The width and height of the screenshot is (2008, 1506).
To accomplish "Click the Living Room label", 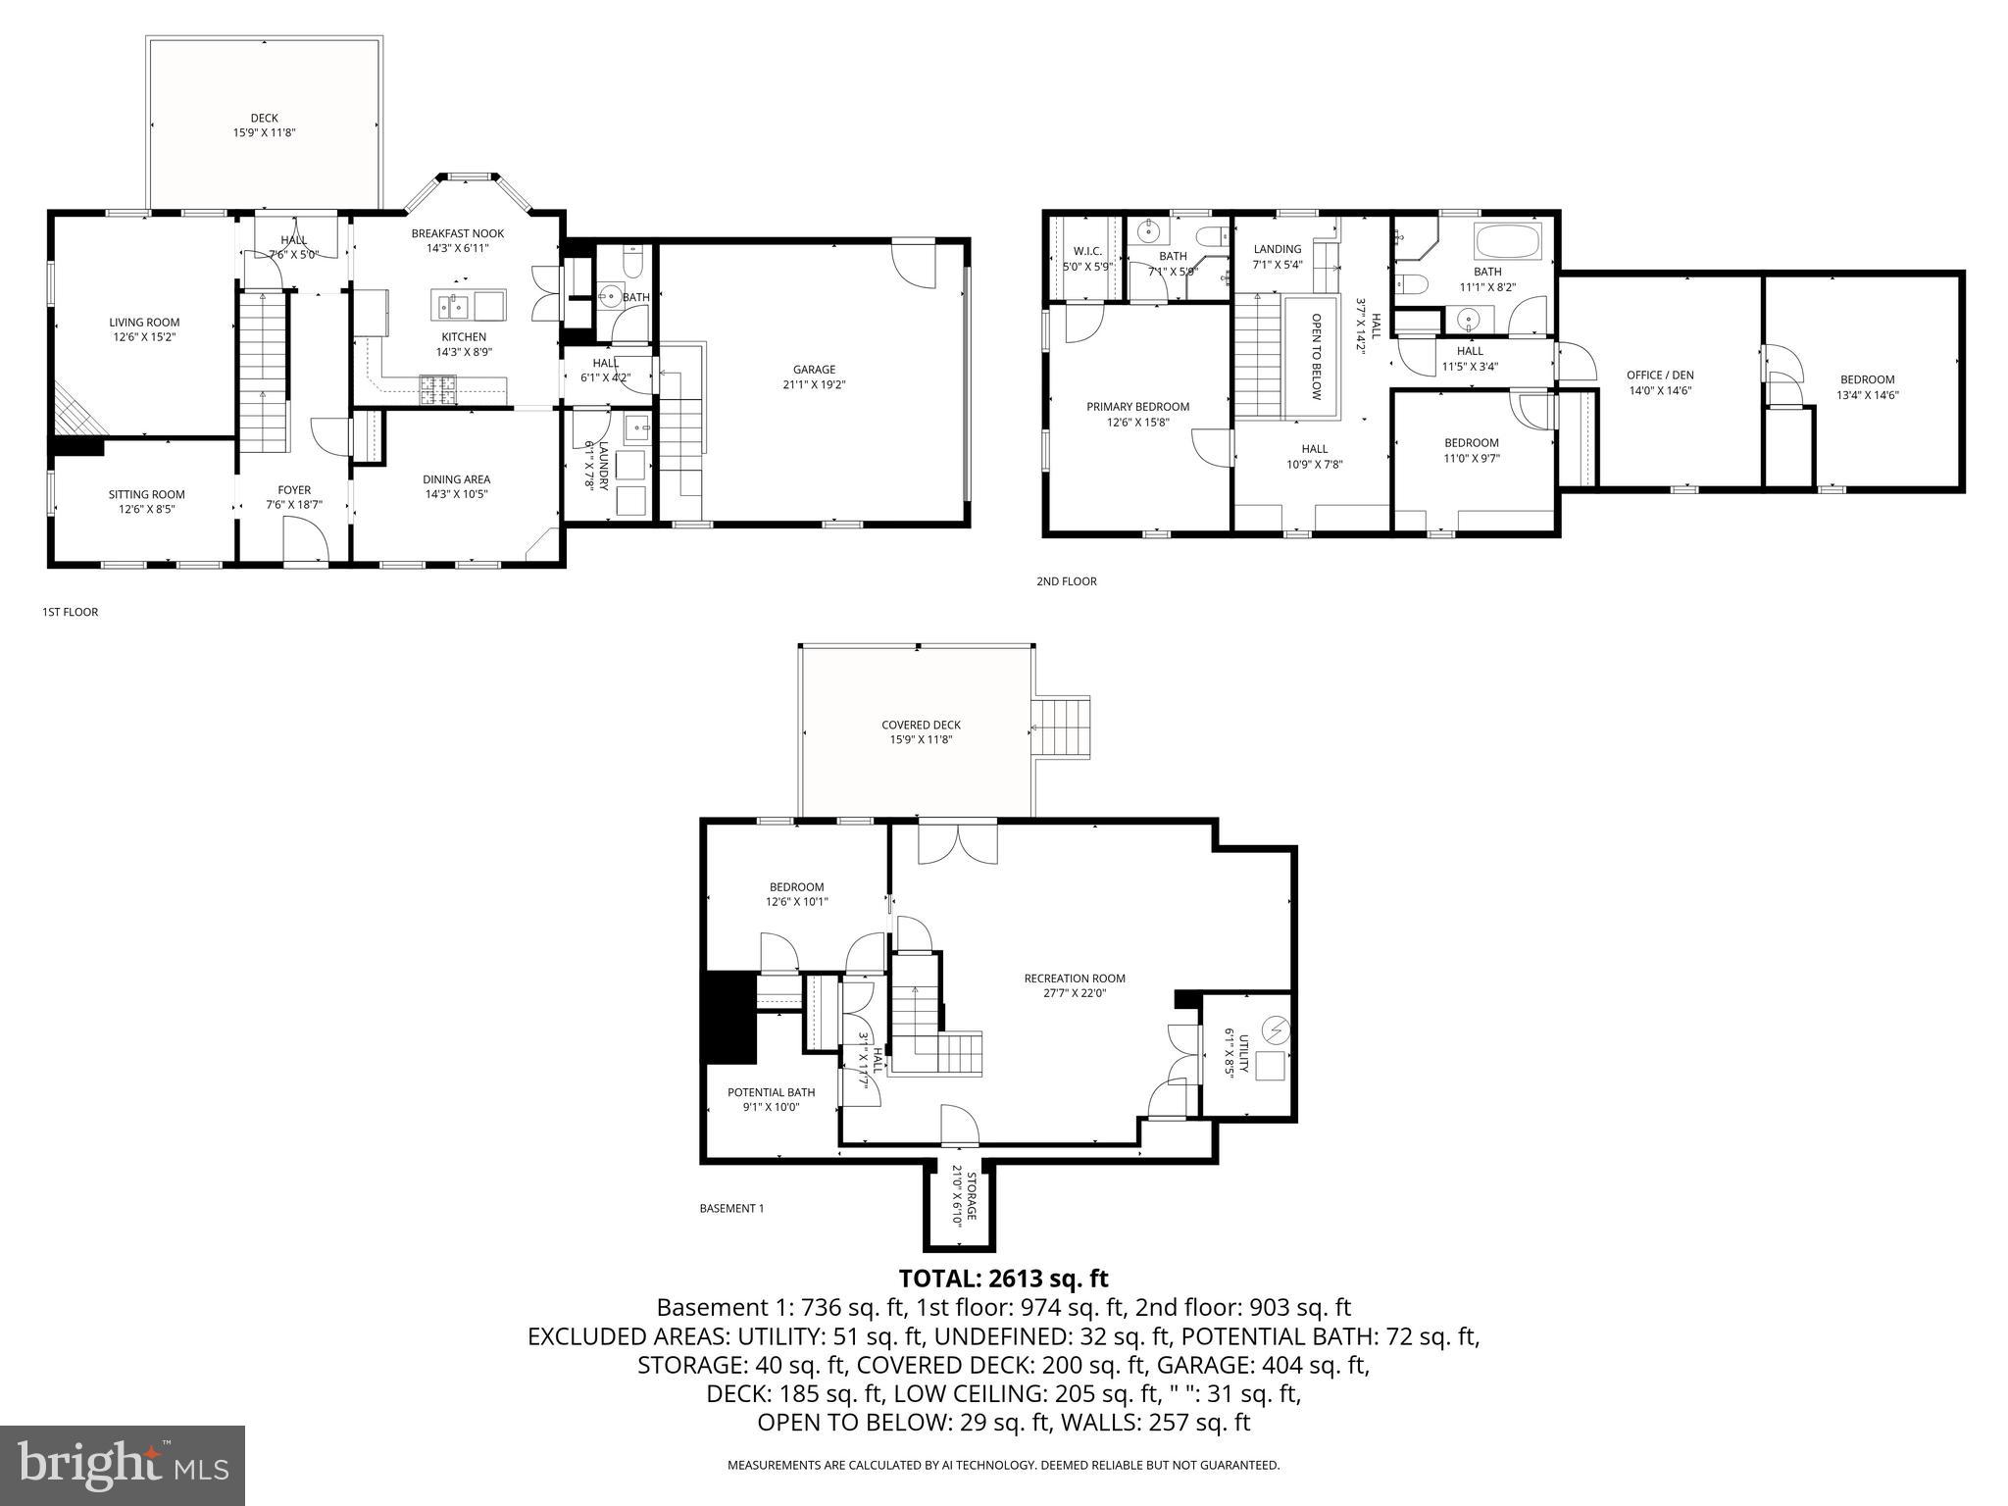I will [144, 322].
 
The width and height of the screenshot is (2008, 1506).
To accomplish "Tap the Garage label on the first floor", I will [814, 370].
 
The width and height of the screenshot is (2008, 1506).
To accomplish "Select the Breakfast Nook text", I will [457, 233].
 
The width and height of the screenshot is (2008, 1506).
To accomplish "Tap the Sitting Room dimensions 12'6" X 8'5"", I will [146, 509].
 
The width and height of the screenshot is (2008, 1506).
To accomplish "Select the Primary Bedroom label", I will [1137, 407].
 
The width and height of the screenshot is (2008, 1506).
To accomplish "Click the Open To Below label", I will [1317, 356].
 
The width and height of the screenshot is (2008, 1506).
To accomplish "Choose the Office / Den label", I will [1660, 376].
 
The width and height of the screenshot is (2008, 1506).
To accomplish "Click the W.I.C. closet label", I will [1087, 251].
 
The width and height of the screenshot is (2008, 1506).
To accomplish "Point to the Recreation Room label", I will [1075, 978].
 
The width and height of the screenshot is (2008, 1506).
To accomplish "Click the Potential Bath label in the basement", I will [771, 1092].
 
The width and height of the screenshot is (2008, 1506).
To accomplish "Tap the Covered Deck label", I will [921, 725].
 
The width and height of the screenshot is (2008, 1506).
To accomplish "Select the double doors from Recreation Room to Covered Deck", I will [957, 843].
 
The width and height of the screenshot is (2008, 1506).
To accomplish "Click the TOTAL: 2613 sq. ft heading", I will [1003, 1279].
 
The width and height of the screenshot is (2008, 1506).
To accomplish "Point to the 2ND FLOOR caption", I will [1066, 581].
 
